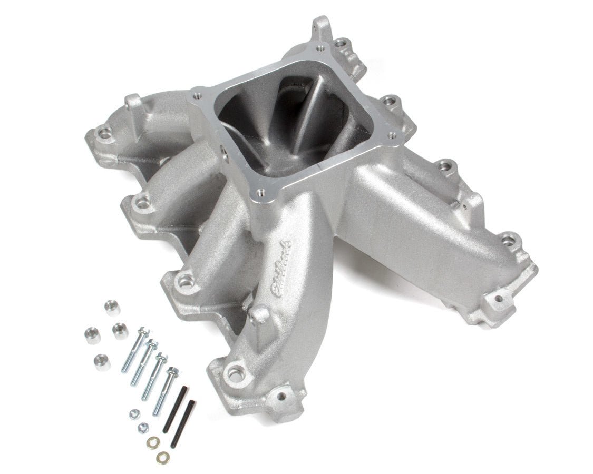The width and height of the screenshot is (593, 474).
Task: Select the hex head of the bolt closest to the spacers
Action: pyautogui.click(x=142, y=332)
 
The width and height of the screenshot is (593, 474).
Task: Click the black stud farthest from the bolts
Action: pyautogui.click(x=187, y=416)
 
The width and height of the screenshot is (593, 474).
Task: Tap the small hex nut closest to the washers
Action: pyautogui.click(x=143, y=428)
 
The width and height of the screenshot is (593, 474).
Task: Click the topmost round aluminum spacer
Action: pyautogui.click(x=111, y=307)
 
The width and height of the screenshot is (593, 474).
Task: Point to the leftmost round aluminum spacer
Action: pyautogui.click(x=92, y=335)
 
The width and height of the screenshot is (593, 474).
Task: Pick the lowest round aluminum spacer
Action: pyautogui.click(x=102, y=362)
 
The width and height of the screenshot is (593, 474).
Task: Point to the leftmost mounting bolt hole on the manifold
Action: pyautogui.click(x=105, y=135)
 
